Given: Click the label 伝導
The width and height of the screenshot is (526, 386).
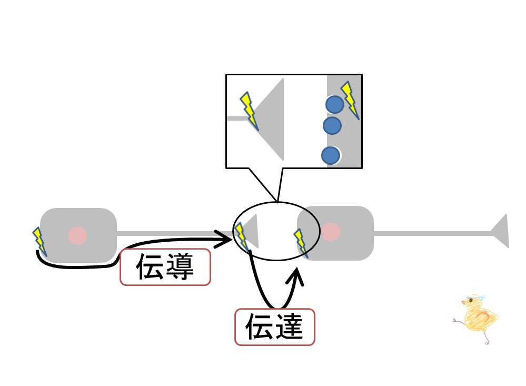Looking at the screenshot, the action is click(x=165, y=267).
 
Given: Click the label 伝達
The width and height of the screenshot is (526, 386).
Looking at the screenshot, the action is click(x=274, y=327).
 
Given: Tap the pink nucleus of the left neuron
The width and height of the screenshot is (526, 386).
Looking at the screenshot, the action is click(x=77, y=235).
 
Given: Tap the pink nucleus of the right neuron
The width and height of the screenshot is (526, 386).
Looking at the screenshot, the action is click(x=331, y=232).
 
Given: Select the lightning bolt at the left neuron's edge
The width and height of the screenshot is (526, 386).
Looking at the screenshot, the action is click(x=39, y=242).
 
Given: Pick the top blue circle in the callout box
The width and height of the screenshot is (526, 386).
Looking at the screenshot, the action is click(x=335, y=104).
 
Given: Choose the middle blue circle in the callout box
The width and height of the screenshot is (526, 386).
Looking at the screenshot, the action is click(x=332, y=125).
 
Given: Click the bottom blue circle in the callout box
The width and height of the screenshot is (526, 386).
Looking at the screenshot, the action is click(x=331, y=155).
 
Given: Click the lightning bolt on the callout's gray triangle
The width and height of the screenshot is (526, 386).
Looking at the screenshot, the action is click(x=249, y=111).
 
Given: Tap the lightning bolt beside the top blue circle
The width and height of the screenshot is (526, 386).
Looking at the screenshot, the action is click(x=350, y=100).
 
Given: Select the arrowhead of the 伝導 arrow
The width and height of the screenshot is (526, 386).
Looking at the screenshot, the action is click(x=224, y=239).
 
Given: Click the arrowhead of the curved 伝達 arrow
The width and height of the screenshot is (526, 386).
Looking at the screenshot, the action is click(x=295, y=277).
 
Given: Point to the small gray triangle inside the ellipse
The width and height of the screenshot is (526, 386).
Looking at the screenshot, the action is click(x=251, y=231).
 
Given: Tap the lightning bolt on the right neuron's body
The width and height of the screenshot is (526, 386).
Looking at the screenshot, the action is click(x=301, y=243).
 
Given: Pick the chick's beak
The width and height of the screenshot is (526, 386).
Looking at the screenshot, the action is click(x=463, y=302).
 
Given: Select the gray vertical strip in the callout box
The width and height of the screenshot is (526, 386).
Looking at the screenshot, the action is click(x=344, y=121).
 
